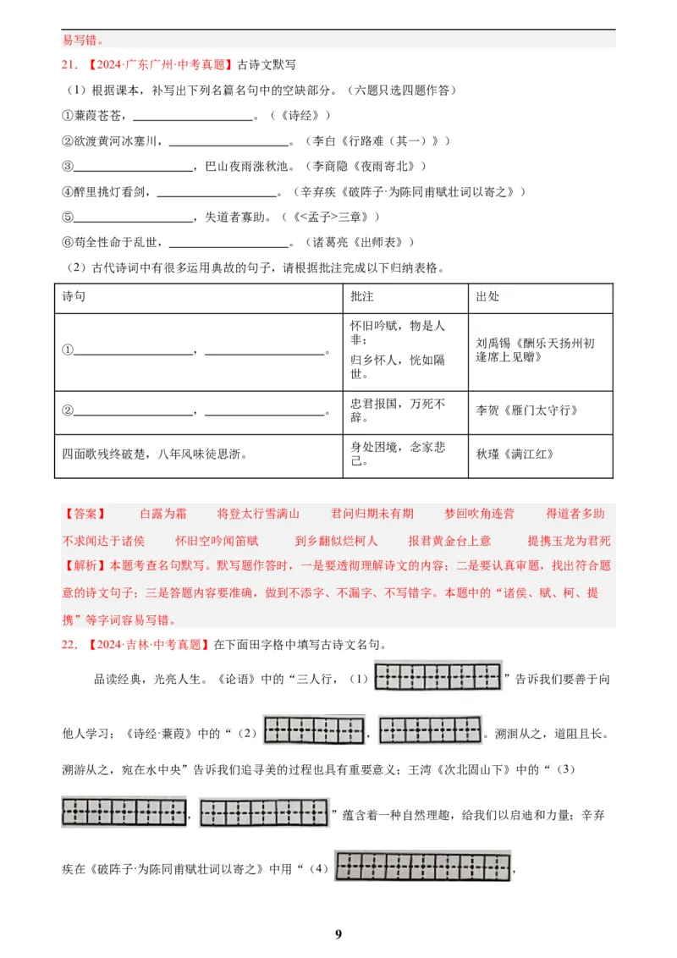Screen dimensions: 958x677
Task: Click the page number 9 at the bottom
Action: point(338,934)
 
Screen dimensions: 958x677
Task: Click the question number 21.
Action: point(70,64)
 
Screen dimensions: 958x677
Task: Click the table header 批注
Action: point(361,297)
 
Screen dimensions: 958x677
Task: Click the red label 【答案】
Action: point(85,514)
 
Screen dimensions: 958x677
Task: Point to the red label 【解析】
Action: point(85,566)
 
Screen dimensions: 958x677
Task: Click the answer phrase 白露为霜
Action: point(163,514)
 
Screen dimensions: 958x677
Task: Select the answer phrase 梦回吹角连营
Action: point(479,514)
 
